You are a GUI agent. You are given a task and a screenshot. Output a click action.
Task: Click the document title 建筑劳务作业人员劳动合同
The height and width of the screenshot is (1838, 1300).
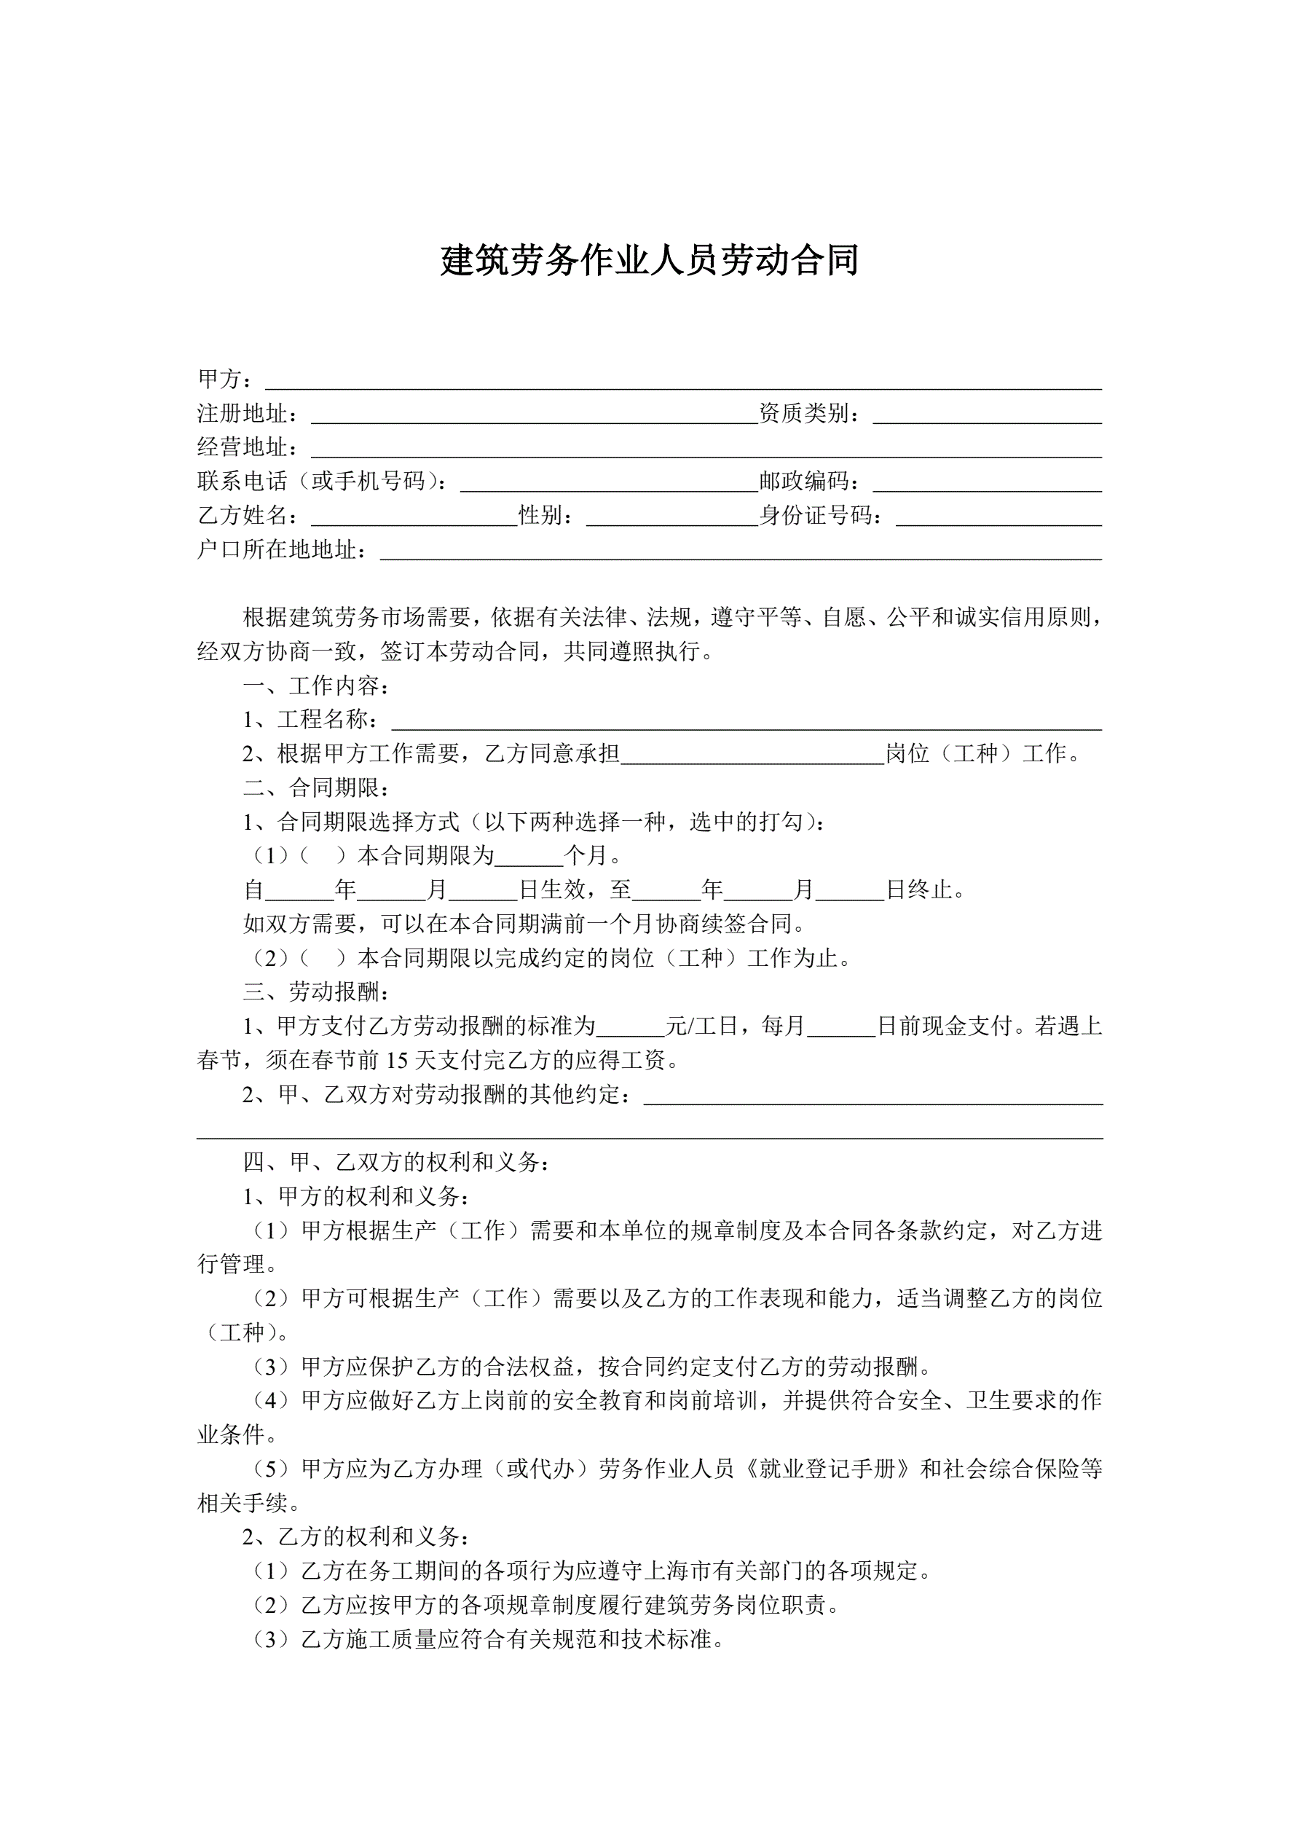(649, 261)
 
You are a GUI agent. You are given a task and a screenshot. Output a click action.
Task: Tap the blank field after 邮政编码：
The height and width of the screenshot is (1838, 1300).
(987, 482)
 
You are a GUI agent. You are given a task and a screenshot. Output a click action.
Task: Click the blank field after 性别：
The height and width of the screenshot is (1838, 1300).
(671, 517)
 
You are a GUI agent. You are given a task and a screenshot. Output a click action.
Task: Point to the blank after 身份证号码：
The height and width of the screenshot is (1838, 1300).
(998, 517)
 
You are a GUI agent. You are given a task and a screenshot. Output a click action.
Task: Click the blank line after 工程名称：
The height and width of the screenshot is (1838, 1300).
(746, 720)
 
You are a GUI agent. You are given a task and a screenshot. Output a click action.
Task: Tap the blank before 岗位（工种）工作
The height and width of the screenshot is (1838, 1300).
(752, 755)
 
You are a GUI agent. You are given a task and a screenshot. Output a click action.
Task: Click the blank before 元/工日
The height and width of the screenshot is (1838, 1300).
(631, 1027)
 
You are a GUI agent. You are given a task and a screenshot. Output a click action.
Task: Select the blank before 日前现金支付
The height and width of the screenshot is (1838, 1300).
(841, 1027)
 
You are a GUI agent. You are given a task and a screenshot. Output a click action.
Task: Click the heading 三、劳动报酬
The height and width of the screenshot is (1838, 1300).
(317, 993)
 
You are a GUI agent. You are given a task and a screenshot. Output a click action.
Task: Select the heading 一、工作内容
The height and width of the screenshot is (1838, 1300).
(317, 686)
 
